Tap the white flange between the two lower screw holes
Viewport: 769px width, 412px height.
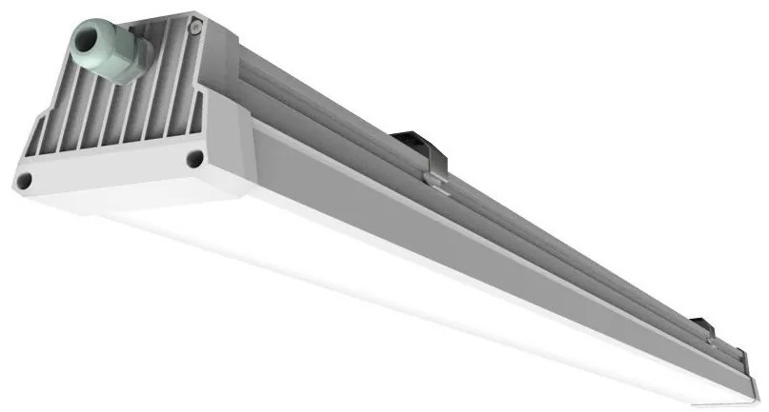(x=110, y=173)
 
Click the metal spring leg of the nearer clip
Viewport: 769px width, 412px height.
(x=435, y=171)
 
